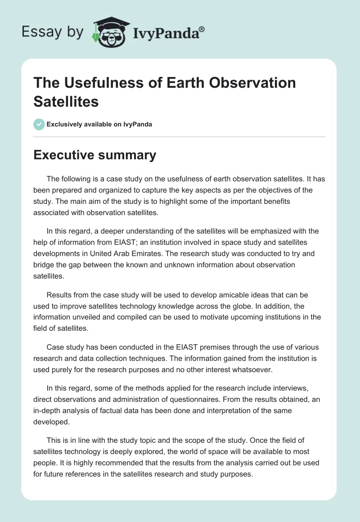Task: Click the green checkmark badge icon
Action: coord(39,124)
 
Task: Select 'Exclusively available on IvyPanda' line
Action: coord(99,125)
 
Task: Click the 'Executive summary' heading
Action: coord(95,155)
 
